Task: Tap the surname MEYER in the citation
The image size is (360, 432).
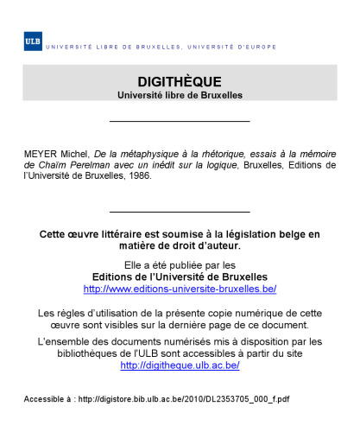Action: point(41,153)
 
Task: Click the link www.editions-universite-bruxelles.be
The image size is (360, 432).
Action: point(180,288)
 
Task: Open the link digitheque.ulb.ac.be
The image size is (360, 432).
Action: point(180,365)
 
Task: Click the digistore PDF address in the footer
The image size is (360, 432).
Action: point(183,398)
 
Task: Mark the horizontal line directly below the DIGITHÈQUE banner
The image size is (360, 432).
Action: point(180,121)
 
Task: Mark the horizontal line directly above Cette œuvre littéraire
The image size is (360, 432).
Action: point(180,211)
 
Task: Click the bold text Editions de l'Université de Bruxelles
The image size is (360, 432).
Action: point(180,276)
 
